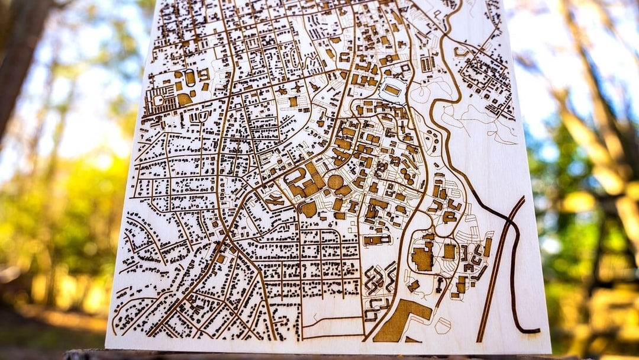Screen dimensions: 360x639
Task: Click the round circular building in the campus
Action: click(335, 182)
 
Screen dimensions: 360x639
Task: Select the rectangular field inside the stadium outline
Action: click(392, 90)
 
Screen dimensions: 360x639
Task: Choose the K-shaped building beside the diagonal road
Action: click(275, 201)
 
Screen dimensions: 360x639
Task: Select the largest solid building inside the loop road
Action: click(422, 258)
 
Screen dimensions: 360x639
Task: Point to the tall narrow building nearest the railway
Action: click(488, 246)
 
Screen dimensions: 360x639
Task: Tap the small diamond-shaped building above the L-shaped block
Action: click(414, 286)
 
